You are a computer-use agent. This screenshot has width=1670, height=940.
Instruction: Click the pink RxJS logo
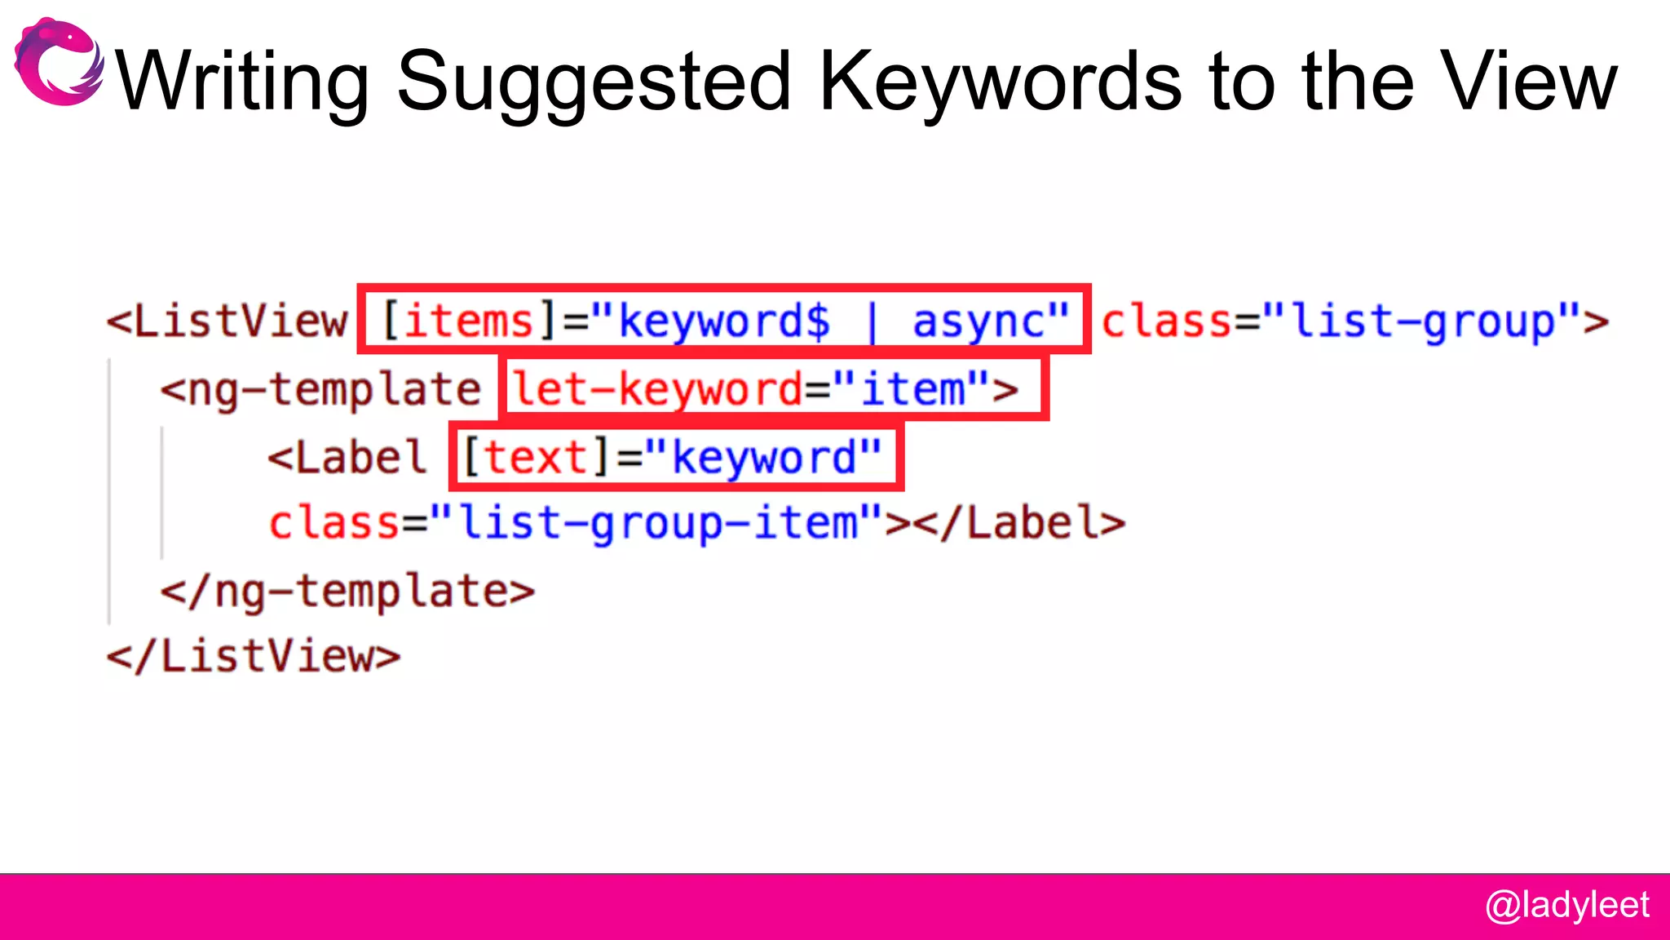pos(59,62)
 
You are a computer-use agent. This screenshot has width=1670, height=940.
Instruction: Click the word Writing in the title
pos(243,82)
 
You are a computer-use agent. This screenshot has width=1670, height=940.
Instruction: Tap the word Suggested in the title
pos(594,82)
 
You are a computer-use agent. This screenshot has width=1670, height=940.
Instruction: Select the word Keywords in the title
pos(1000,82)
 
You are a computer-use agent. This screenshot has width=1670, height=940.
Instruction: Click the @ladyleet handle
pos(1566,906)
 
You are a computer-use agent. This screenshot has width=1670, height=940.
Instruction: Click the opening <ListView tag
pos(228,321)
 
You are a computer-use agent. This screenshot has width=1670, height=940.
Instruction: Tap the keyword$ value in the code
pos(724,321)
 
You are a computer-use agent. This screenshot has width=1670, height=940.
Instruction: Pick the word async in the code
pos(979,321)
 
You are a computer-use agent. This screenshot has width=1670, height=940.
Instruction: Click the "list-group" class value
pos(1423,321)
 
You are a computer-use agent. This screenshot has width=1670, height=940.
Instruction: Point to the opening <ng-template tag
pos(320,389)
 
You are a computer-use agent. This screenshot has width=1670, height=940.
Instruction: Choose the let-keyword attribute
pos(657,389)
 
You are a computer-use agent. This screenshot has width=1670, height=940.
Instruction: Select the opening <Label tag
pos(347,457)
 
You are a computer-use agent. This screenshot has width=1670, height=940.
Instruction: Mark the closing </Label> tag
pos(1019,523)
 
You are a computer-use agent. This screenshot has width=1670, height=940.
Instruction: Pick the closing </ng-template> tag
pos(347,591)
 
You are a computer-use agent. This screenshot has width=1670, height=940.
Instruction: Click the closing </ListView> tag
pos(254,656)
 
